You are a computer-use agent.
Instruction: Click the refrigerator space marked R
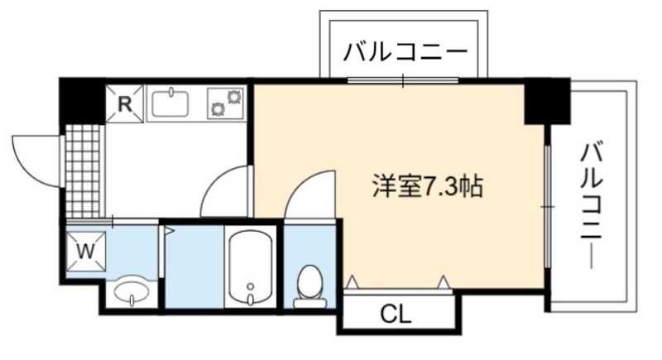click(x=125, y=103)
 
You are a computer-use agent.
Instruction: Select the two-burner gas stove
click(x=226, y=103)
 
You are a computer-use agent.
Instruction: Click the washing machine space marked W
click(x=86, y=251)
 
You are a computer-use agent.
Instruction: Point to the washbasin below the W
click(x=132, y=292)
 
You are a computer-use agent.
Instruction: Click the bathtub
click(x=251, y=266)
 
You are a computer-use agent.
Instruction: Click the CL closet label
click(x=396, y=314)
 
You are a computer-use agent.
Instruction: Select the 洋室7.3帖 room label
click(x=428, y=185)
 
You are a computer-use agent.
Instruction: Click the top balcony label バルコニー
click(x=405, y=52)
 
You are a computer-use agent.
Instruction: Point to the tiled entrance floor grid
click(x=84, y=170)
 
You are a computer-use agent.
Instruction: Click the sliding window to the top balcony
click(x=403, y=80)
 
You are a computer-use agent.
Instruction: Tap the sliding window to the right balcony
click(x=547, y=206)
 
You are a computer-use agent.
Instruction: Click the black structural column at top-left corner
click(x=82, y=100)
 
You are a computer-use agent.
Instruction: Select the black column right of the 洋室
click(x=547, y=101)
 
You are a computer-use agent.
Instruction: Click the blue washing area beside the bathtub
click(x=194, y=266)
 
